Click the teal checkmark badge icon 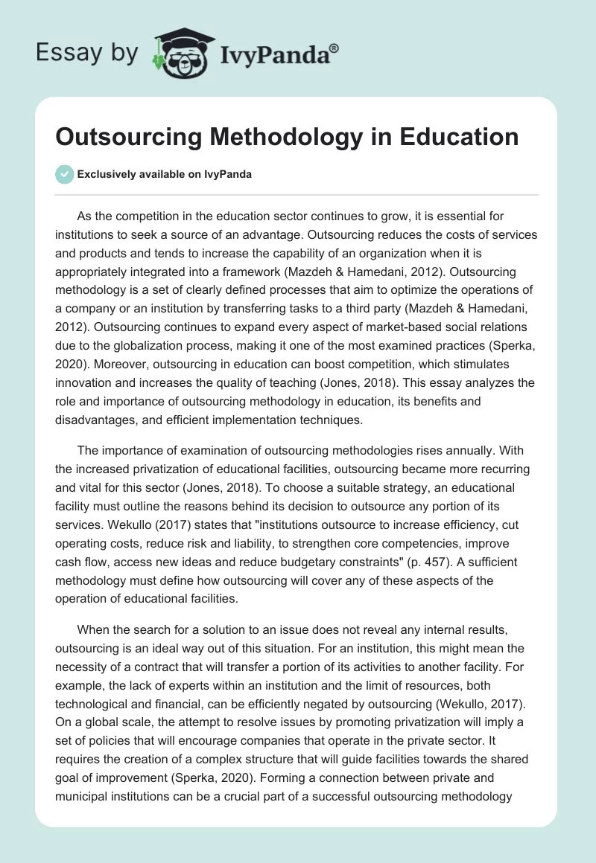tap(65, 174)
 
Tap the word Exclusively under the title tap(107, 175)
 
